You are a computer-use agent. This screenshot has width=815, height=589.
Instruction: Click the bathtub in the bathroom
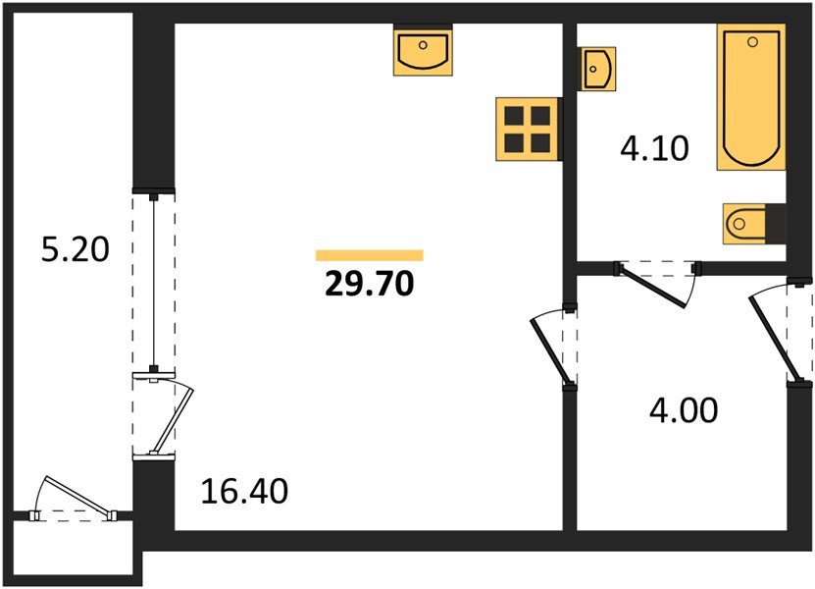[x=751, y=97]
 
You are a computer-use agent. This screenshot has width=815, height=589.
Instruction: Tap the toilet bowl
[x=743, y=224]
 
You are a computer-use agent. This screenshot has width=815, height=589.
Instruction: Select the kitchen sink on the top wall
[x=423, y=50]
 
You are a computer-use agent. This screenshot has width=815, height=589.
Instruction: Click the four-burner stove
[x=527, y=129]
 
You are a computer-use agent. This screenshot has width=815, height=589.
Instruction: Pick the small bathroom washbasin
[x=597, y=69]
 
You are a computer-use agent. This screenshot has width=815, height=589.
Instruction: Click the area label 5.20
[x=76, y=249]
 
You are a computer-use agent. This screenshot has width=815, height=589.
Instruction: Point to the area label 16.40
[x=244, y=491]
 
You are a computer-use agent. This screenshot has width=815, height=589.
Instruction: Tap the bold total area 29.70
[x=370, y=284]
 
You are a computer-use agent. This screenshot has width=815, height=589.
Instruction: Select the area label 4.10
[x=654, y=148]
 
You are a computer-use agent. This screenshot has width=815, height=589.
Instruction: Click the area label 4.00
[x=684, y=410]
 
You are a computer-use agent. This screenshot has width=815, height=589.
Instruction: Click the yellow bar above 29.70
[x=370, y=255]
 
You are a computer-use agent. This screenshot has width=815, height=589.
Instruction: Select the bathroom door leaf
[x=652, y=288]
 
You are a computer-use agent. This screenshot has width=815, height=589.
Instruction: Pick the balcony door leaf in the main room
[x=172, y=419]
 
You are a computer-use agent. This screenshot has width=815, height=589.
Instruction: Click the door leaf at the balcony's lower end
[x=77, y=497]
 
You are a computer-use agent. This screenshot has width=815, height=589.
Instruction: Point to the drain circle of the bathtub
[x=752, y=41]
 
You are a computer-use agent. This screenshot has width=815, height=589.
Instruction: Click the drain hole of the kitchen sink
[x=423, y=45]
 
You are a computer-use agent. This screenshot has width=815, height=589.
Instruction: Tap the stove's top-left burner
[x=514, y=116]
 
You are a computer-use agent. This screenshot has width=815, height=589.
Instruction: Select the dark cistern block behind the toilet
[x=776, y=224]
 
